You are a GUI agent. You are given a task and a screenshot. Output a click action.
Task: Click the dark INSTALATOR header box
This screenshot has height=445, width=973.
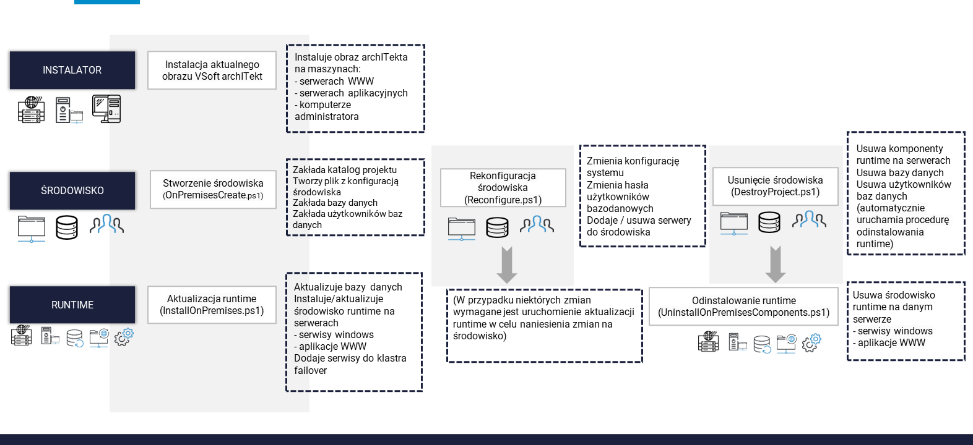coord(72,70)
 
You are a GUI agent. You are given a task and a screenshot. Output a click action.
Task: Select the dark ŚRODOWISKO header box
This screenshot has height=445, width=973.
coord(72,190)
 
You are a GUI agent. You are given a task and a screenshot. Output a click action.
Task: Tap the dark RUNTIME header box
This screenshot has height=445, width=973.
coord(72,305)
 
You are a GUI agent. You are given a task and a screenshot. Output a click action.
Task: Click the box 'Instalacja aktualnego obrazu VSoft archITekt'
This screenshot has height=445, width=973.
coord(212,70)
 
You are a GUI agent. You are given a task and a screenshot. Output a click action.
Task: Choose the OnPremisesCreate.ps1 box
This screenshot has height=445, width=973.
coord(213,189)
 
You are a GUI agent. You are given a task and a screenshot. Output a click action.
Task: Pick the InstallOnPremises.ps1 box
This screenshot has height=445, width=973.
coord(212,305)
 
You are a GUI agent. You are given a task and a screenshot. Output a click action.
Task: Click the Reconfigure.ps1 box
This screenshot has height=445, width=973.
coord(503,187)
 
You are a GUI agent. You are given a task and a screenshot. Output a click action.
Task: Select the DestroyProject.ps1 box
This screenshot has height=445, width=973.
coord(776,186)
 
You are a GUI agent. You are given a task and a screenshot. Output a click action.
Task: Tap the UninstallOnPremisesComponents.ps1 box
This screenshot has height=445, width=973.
coord(743,306)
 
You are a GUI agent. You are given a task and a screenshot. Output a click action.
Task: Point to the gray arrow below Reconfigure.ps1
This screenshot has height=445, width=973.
coord(506,265)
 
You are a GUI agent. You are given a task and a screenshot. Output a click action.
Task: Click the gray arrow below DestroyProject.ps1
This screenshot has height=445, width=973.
coord(776,264)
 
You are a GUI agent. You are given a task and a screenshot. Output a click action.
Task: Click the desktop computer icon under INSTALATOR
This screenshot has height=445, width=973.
coord(106,109)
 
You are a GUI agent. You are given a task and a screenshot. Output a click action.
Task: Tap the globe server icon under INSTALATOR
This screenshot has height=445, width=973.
coord(32,110)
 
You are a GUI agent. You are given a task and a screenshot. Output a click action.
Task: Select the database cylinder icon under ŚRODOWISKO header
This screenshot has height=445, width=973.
coord(67,227)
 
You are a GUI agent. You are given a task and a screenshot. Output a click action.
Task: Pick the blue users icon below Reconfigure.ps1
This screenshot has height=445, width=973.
coord(537,224)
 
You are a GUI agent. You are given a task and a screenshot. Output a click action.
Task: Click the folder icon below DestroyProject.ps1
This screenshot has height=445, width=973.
coord(734,223)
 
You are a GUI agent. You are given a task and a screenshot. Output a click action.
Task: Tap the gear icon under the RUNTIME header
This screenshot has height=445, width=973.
coord(124,337)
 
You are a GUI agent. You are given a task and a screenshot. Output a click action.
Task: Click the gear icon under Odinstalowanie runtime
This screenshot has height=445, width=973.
coord(811,343)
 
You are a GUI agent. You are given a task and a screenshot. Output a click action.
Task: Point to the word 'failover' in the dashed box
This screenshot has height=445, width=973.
coord(310,370)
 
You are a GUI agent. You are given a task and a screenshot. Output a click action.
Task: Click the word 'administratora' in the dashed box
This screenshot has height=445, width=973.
coord(327,116)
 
